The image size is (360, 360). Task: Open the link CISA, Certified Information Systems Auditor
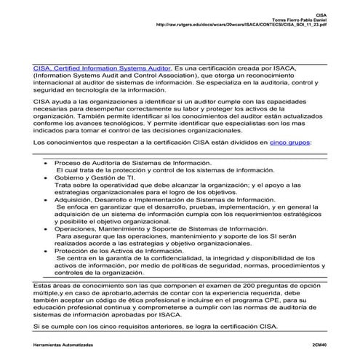[101, 68]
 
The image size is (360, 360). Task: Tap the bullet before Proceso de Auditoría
[47, 164]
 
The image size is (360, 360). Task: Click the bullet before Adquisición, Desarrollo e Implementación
[47, 199]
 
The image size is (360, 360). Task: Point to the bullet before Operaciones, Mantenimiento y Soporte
[47, 228]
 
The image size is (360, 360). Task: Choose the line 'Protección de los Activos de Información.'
[119, 250]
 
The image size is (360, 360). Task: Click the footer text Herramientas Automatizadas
[65, 344]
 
